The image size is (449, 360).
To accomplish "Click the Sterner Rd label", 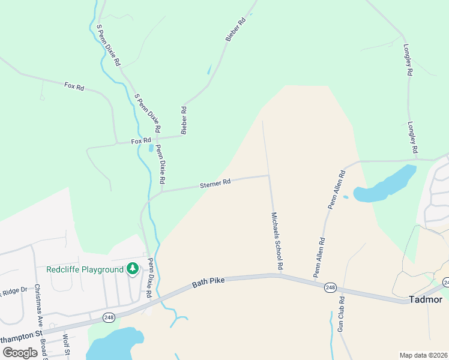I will [215, 184].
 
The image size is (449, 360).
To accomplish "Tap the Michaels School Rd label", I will [277, 240].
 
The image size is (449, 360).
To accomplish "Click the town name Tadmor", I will [425, 299].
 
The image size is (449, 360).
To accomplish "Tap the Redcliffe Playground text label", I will [85, 269].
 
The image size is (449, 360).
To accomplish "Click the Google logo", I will [19, 353].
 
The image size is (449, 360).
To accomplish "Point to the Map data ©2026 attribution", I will [424, 355].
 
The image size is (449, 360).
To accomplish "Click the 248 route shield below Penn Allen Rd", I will [330, 288].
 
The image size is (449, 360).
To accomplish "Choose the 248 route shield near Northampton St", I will [109, 317].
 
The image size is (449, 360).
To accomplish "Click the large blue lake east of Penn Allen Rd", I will [387, 184].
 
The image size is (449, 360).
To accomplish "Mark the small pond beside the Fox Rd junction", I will [150, 148].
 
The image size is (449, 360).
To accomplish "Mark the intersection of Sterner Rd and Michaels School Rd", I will [269, 176].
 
